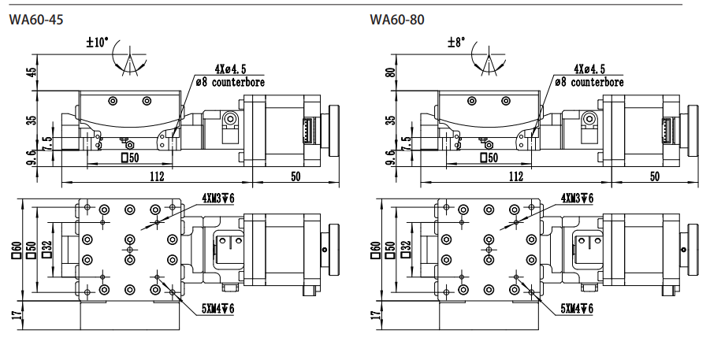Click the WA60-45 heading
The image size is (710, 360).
coord(35,20)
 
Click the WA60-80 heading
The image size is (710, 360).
coord(397,20)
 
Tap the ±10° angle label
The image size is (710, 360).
coord(98,43)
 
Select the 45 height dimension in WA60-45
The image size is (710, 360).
coord(31,72)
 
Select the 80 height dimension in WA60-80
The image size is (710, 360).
coord(391,72)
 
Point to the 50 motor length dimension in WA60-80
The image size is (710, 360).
coord(655,176)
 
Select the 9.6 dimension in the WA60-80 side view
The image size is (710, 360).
coord(391,156)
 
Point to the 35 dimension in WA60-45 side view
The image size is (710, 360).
coord(31,120)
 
